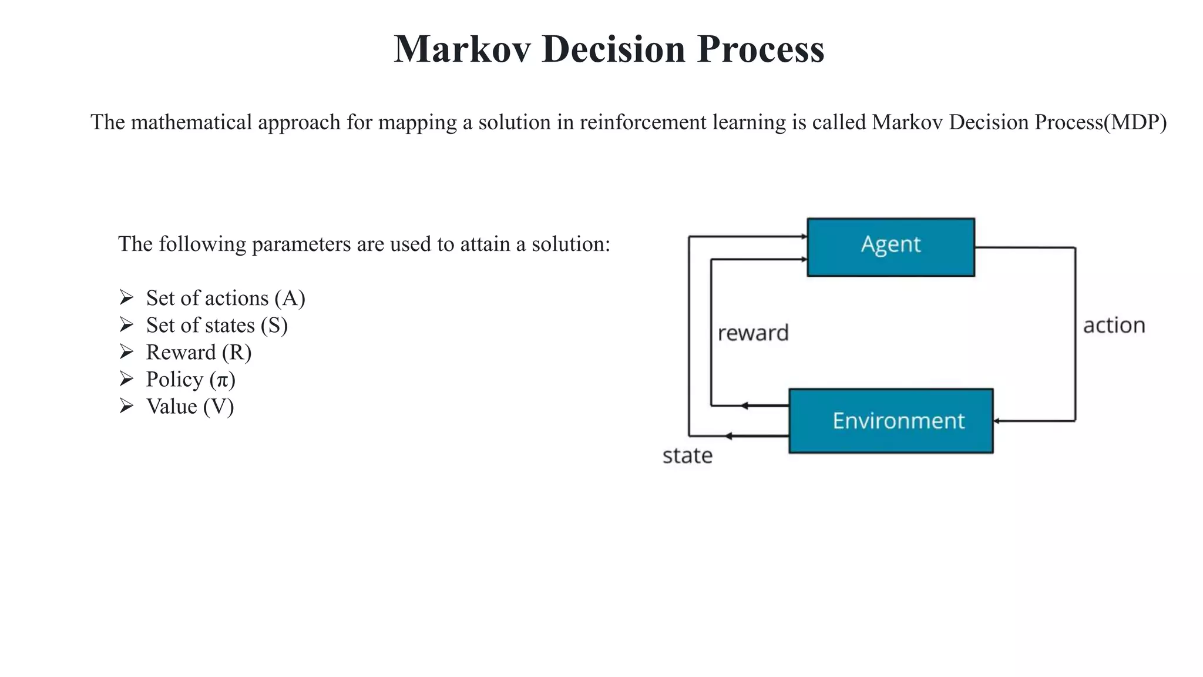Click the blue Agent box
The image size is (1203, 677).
pyautogui.click(x=891, y=247)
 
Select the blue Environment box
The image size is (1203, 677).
pyautogui.click(x=891, y=421)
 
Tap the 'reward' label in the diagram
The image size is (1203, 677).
pyautogui.click(x=753, y=333)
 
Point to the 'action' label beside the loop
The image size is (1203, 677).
pyautogui.click(x=1114, y=326)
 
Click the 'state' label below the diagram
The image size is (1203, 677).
pyautogui.click(x=687, y=456)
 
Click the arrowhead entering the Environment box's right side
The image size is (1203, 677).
pyautogui.click(x=997, y=421)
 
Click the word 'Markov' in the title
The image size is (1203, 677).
pyautogui.click(x=462, y=49)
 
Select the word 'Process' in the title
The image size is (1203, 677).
pyautogui.click(x=761, y=49)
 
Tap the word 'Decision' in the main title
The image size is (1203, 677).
pyautogui.click(x=614, y=49)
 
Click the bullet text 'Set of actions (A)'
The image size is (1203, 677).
pyautogui.click(x=226, y=298)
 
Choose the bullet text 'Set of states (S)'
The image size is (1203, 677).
pyautogui.click(x=217, y=325)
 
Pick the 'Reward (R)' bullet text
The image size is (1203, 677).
pyautogui.click(x=199, y=352)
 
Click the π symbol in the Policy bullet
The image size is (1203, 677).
pyautogui.click(x=222, y=380)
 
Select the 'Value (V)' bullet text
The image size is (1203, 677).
pyautogui.click(x=190, y=406)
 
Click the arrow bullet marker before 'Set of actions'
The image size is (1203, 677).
pyautogui.click(x=126, y=297)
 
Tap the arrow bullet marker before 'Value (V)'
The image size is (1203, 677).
pyautogui.click(x=126, y=405)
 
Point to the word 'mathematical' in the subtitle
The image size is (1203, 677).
pyautogui.click(x=191, y=122)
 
